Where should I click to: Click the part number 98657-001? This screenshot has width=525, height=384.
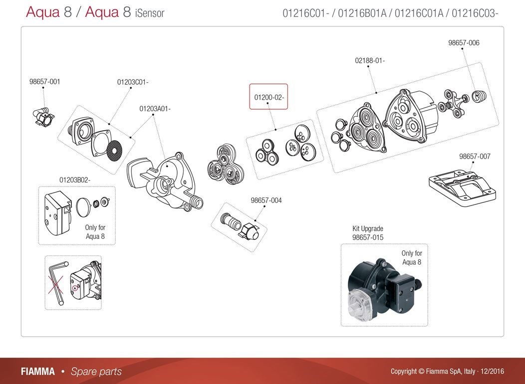tap(44, 82)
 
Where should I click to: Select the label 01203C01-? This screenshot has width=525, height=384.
tap(133, 82)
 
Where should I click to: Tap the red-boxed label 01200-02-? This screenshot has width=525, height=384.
tap(269, 97)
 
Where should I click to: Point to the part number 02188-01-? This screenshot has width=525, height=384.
tap(370, 61)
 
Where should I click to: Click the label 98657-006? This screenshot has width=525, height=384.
tap(464, 43)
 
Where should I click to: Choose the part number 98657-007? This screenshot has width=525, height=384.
tap(475, 157)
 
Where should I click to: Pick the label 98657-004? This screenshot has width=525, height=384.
tap(266, 200)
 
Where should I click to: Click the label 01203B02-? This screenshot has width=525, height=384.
tap(75, 180)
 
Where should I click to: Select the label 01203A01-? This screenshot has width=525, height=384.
tap(155, 109)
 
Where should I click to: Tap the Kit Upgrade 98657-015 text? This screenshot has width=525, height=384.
tap(368, 233)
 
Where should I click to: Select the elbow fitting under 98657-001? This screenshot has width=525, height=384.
tap(45, 117)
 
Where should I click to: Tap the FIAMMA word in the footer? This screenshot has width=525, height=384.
tap(38, 372)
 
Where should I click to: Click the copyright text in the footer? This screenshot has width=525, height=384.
tap(447, 372)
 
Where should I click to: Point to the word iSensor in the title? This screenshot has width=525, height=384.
tap(149, 13)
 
